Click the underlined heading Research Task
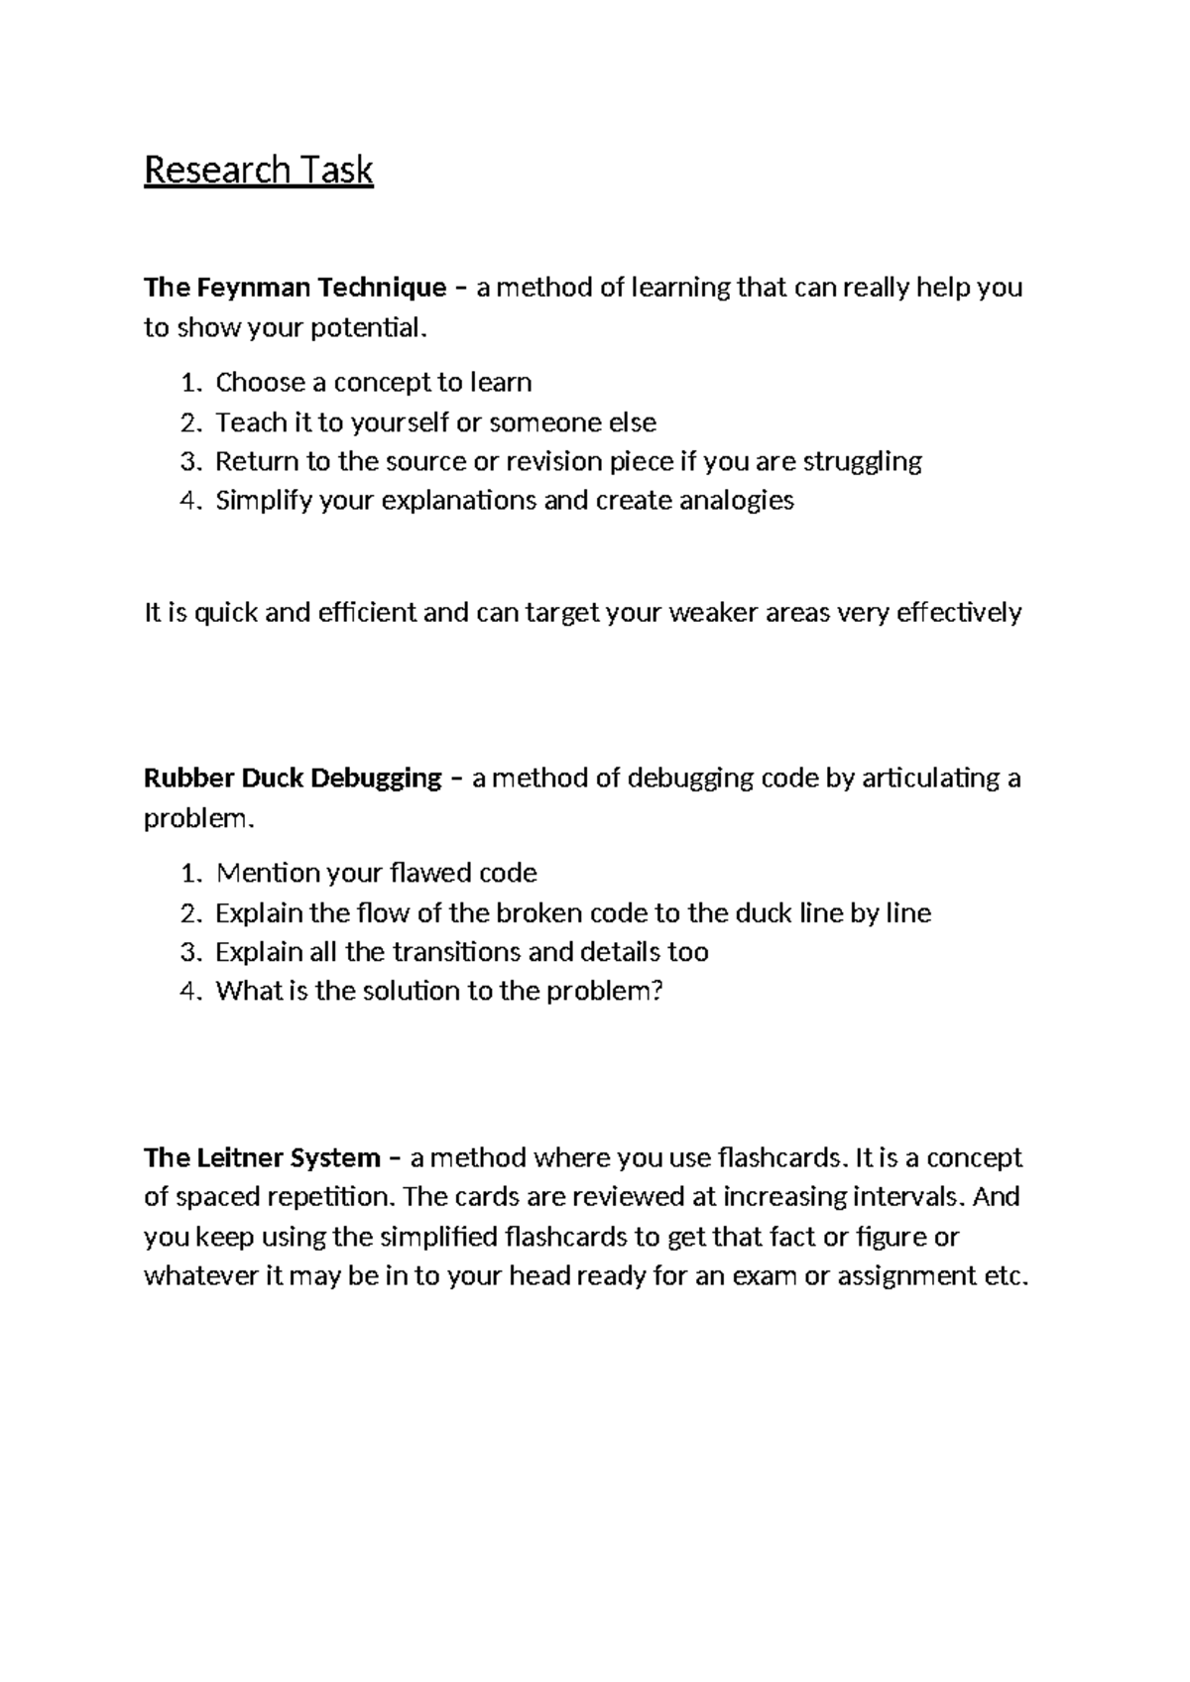[258, 171]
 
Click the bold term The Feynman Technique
[295, 289]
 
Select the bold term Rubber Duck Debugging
[293, 779]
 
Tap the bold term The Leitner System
[262, 1158]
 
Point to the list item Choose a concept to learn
[373, 383]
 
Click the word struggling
[862, 462]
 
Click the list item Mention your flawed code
[376, 874]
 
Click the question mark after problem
[654, 992]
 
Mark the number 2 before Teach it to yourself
[189, 423]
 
